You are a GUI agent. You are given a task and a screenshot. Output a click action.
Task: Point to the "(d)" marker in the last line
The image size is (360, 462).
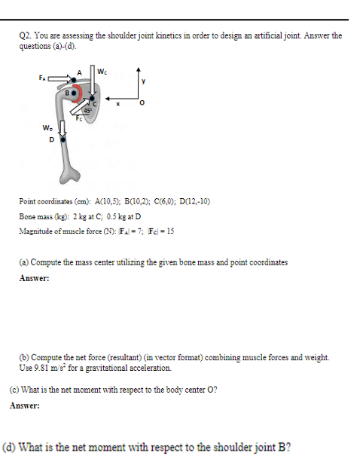[12, 445]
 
